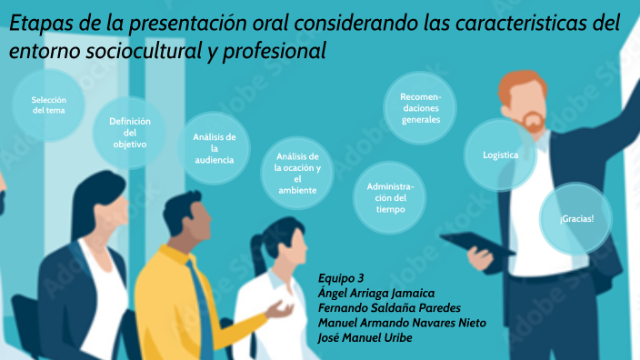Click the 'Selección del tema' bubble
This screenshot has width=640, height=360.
[x=48, y=105]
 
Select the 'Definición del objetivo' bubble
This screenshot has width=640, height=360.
[x=129, y=133]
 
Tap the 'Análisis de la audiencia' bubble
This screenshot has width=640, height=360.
[x=215, y=148]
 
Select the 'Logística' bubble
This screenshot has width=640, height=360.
[x=501, y=155]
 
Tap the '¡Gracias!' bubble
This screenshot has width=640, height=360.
[x=576, y=219]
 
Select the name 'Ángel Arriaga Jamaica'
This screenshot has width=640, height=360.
[x=376, y=293]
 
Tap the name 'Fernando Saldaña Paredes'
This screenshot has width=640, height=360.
[x=389, y=307]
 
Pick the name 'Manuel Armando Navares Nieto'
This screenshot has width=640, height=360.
[x=402, y=323]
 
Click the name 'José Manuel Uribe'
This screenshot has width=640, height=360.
[x=365, y=337]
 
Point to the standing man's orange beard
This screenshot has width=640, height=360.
[x=532, y=121]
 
